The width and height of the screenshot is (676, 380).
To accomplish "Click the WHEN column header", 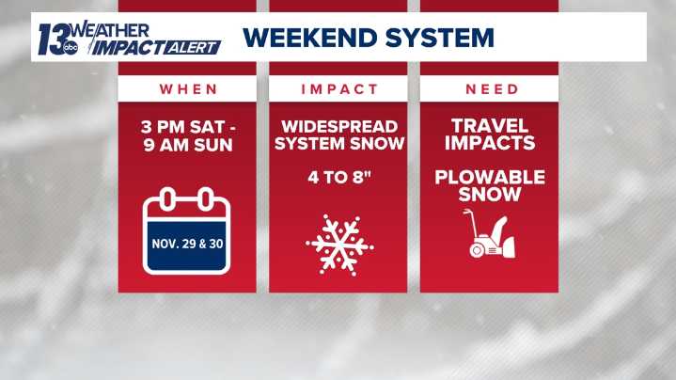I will (x=187, y=89).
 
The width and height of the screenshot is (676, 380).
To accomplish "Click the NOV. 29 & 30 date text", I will (x=187, y=244).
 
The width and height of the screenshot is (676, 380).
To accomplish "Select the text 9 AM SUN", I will (x=187, y=144).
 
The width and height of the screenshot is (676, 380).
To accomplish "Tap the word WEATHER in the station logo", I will (x=112, y=29).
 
